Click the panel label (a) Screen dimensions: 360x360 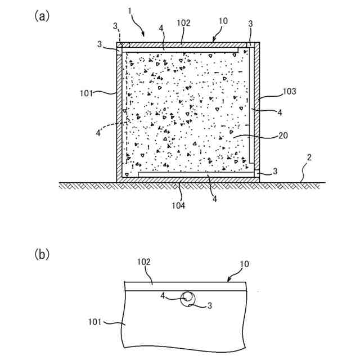tap(42, 16)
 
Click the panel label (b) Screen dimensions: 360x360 tap(42, 254)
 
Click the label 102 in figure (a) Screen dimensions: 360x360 tap(183, 24)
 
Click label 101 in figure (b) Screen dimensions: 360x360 tap(97, 323)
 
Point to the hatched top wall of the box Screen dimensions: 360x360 tap(186, 44)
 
